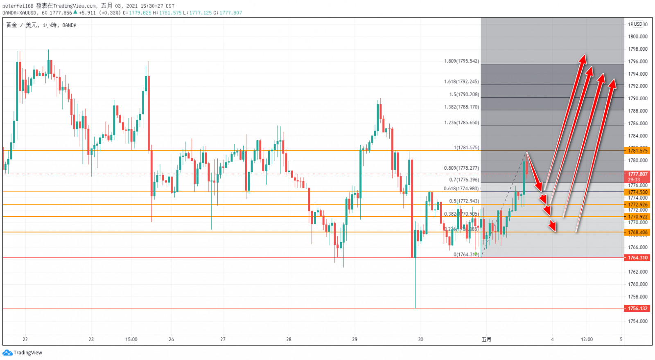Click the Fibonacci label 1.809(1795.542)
click(461, 61)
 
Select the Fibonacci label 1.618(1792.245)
click(461, 82)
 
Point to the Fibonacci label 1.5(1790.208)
click(464, 94)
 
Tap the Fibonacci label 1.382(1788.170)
click(461, 107)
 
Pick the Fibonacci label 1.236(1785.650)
click(461, 123)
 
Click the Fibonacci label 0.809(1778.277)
click(461, 168)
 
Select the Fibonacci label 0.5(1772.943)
click(464, 201)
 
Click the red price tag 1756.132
click(638, 308)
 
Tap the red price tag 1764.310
click(638, 258)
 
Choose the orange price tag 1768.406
click(638, 232)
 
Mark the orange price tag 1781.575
click(638, 151)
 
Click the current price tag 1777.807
click(638, 174)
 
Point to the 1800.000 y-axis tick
click(638, 37)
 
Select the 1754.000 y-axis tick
click(638, 322)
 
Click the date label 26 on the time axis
click(171, 340)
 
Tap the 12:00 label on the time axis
click(587, 340)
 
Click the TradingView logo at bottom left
click(23, 353)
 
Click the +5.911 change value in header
click(87, 13)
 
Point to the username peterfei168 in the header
click(18, 6)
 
